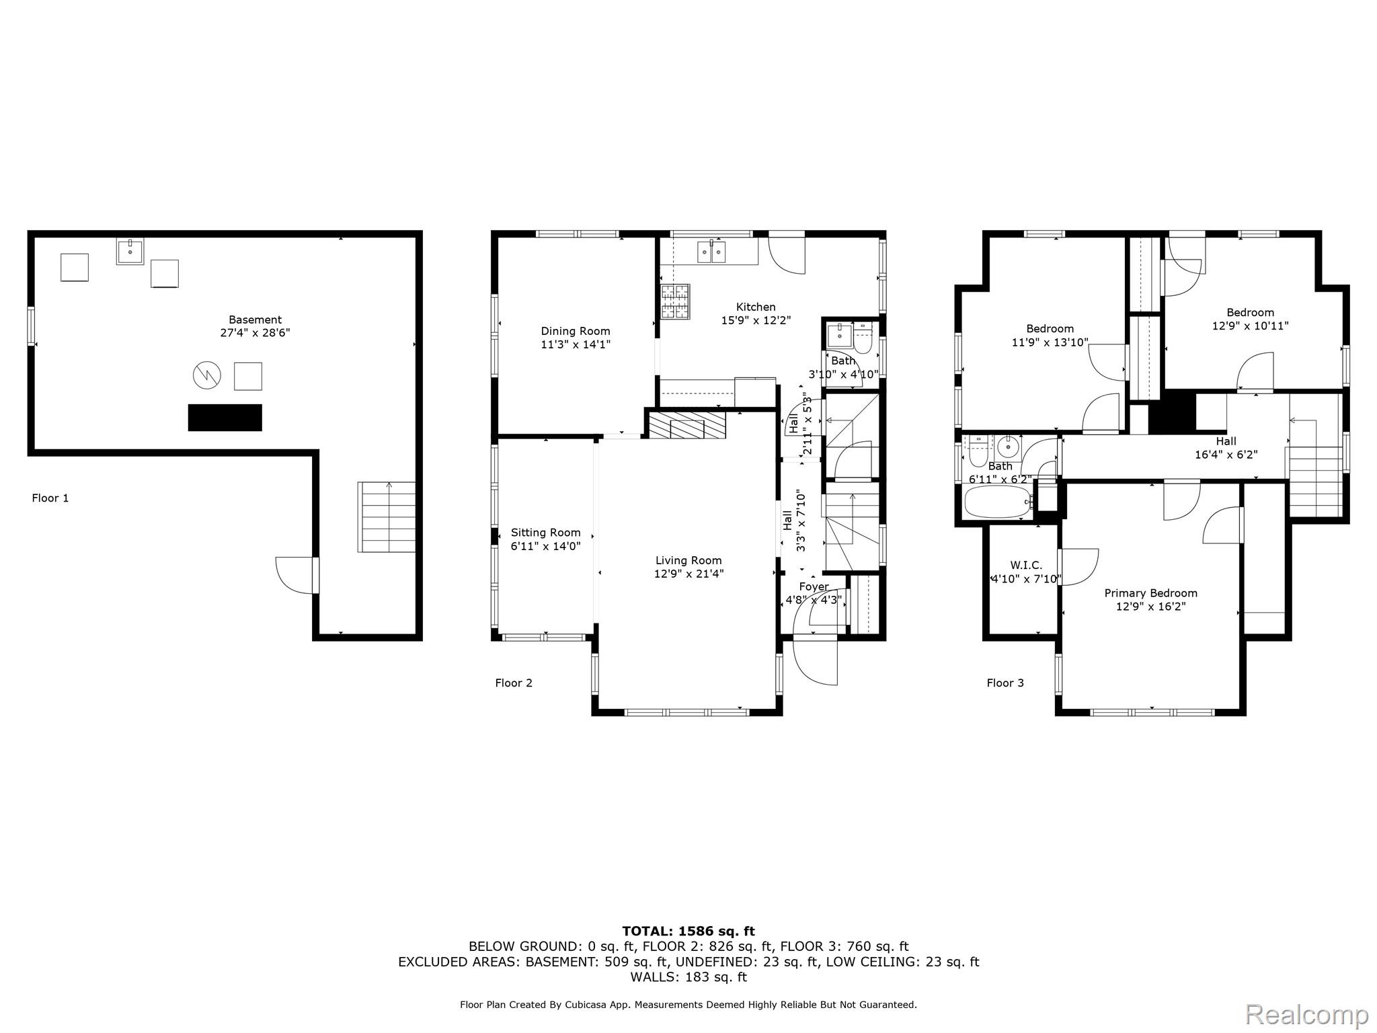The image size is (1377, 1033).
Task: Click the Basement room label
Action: point(255,320)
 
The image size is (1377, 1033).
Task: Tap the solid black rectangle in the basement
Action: point(225,418)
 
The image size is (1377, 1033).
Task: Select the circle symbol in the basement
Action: point(207,375)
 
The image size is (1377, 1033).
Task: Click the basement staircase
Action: point(387,517)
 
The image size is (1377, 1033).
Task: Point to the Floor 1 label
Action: point(50,498)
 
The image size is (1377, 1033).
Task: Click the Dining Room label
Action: point(576,331)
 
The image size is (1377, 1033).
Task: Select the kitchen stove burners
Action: point(676,301)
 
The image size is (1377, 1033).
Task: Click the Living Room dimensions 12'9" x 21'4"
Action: point(688,574)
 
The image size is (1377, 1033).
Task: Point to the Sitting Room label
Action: point(545,533)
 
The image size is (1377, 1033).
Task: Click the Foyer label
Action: point(814,587)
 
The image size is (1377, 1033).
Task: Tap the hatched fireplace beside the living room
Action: point(686,426)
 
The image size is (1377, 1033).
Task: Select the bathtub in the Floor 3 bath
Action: point(998,502)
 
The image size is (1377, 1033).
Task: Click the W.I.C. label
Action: point(1026,566)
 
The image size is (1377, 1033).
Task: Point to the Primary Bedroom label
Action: point(1151,593)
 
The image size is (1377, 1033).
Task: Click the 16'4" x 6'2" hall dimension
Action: point(1226,455)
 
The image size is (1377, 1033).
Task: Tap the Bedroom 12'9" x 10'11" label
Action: point(1251,319)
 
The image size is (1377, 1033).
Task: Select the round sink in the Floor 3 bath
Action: point(1008,447)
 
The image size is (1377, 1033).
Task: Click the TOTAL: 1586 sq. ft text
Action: point(688,931)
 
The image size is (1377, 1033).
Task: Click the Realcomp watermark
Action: point(1307,1014)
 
